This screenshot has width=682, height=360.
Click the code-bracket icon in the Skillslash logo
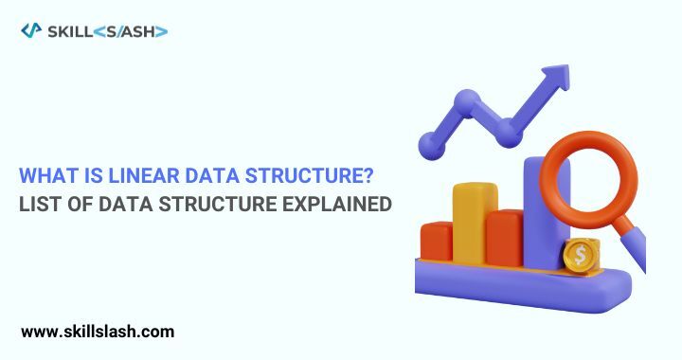(30, 31)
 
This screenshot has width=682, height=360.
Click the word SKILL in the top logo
(69, 31)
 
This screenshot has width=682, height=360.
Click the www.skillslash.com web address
(98, 332)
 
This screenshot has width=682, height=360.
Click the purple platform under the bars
(511, 281)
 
